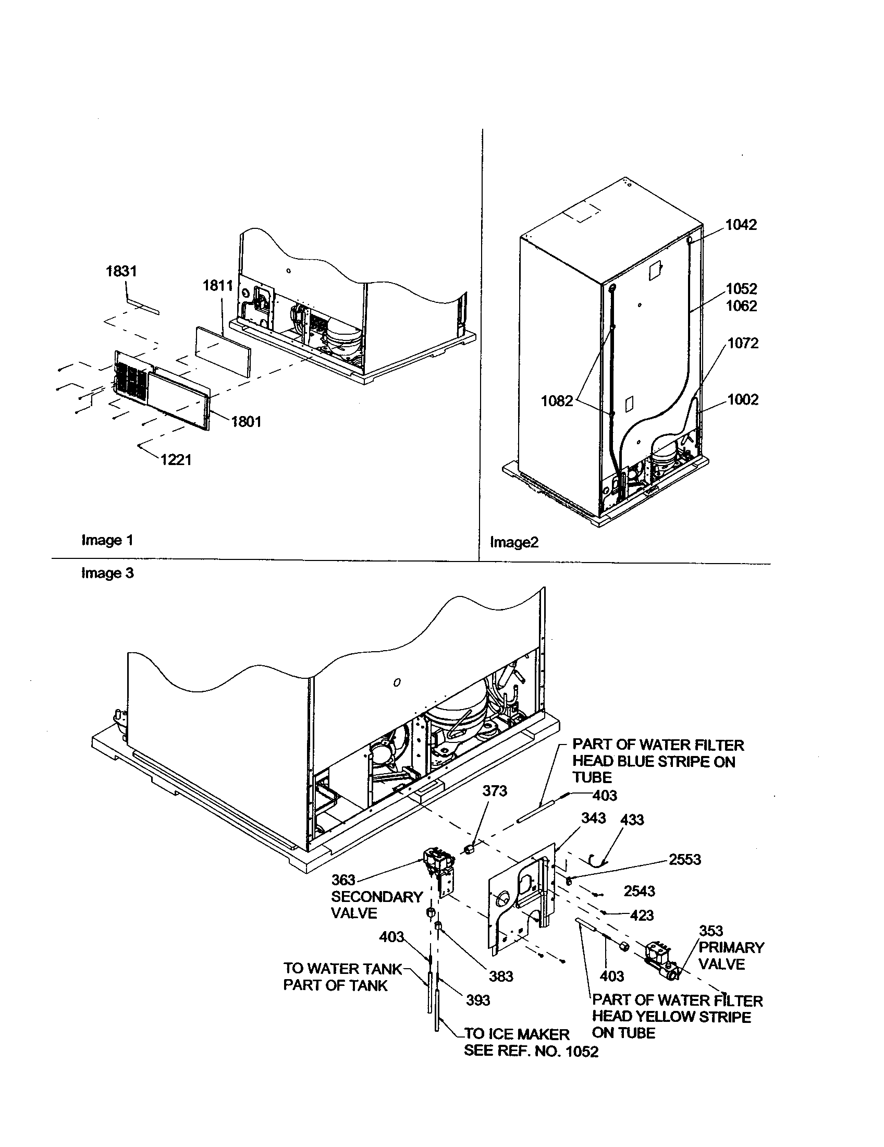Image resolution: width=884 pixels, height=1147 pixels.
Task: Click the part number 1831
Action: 121,271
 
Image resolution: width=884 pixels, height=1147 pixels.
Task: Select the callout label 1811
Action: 218,286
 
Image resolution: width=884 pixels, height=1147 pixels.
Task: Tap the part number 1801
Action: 246,421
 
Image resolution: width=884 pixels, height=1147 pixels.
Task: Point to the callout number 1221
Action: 176,460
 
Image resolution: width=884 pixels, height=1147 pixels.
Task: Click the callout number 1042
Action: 741,225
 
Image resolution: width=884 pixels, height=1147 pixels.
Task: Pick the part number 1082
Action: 557,401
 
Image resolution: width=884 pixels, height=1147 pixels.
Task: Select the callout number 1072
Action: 743,344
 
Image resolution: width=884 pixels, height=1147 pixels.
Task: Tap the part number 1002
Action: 743,400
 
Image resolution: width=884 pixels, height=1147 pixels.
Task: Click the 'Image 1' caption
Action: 107,540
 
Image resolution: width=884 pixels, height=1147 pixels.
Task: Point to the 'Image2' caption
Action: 514,543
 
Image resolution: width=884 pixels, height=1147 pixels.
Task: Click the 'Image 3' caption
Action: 107,573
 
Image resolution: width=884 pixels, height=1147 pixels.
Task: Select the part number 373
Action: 495,791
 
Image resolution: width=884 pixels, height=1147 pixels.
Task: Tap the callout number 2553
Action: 685,859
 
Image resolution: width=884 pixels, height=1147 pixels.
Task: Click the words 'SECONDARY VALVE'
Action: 376,905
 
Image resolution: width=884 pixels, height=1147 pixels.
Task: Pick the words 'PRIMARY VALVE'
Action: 731,955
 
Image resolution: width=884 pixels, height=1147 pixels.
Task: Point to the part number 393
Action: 477,1000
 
